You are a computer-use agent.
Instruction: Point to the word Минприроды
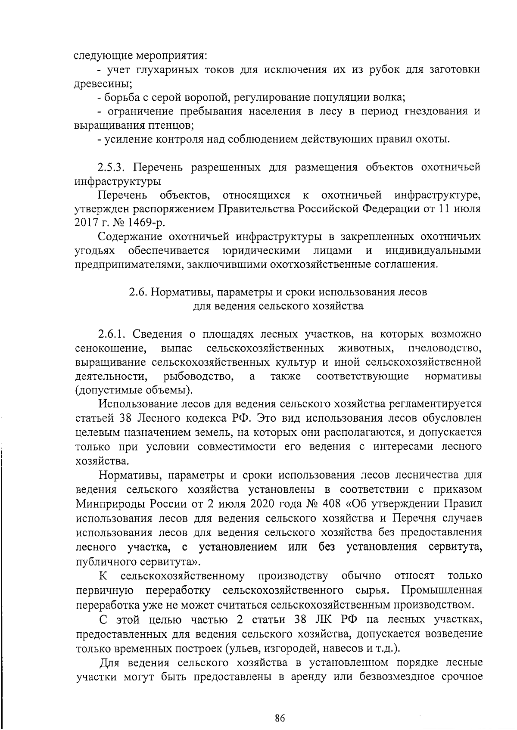110,503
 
